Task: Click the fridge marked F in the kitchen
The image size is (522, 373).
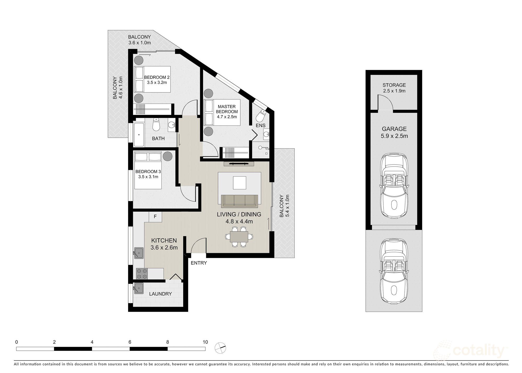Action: click(155, 217)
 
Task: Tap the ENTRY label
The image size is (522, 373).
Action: click(199, 263)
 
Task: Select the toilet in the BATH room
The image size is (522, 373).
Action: click(156, 125)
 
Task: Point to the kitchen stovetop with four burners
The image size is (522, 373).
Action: click(142, 274)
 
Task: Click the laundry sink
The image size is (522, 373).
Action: click(139, 288)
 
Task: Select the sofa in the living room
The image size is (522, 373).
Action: click(239, 200)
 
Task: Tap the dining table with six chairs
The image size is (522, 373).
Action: click(239, 237)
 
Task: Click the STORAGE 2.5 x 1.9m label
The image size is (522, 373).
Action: click(394, 88)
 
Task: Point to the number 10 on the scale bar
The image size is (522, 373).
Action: click(205, 342)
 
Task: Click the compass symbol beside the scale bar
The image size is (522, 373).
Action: click(220, 348)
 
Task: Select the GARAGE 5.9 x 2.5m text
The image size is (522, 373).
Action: click(394, 132)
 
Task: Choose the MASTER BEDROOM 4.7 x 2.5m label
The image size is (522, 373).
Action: click(227, 111)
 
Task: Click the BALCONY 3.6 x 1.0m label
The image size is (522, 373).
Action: click(139, 40)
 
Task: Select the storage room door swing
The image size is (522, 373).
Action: click(385, 103)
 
